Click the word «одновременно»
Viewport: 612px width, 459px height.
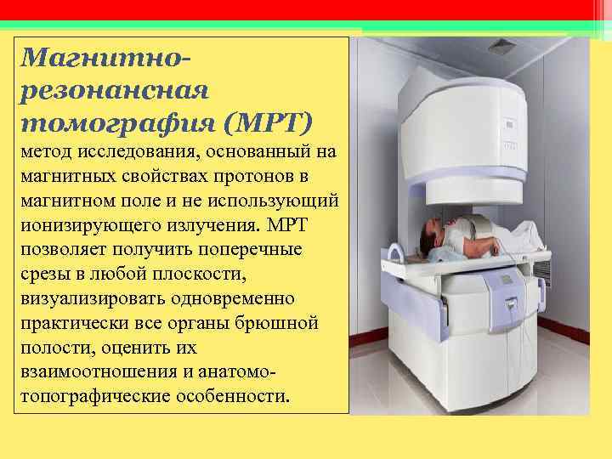[x=241, y=299]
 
